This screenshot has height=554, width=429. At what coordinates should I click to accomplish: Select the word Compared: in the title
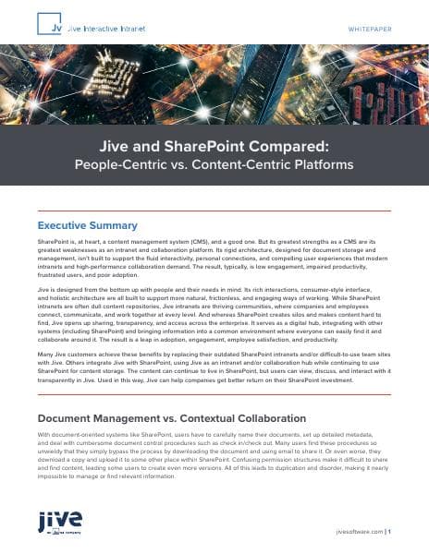[300, 146]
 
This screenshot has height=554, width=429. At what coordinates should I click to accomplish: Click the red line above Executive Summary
[214, 211]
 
